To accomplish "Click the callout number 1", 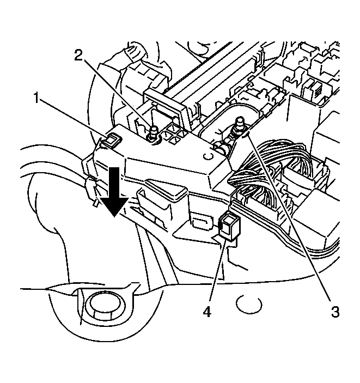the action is coord(36,98).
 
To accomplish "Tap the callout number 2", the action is coord(78,56).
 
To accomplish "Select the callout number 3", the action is coord(335,312).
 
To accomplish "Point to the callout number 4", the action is coord(207,312).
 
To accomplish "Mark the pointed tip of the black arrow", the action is coord(114,217).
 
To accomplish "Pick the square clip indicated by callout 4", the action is coord(229,226).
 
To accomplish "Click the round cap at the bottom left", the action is coord(106,306).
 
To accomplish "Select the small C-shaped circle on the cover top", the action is coord(208,156).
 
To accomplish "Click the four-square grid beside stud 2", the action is coord(175,135).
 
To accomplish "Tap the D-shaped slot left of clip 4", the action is coord(202,221).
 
